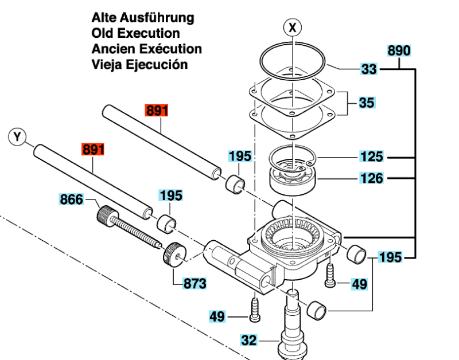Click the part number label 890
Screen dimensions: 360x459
click(399, 50)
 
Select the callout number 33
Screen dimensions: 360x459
click(369, 70)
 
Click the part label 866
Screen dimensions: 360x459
click(72, 200)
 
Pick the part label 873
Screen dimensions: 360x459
click(195, 283)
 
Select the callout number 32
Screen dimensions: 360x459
click(249, 341)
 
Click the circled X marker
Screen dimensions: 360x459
click(293, 27)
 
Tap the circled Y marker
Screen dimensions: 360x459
click(18, 136)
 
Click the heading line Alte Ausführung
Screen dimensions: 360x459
click(142, 18)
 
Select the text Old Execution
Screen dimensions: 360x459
click(135, 33)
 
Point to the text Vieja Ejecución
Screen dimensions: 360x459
click(139, 64)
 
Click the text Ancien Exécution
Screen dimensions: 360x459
click(146, 49)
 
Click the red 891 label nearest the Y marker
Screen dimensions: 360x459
click(94, 150)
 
